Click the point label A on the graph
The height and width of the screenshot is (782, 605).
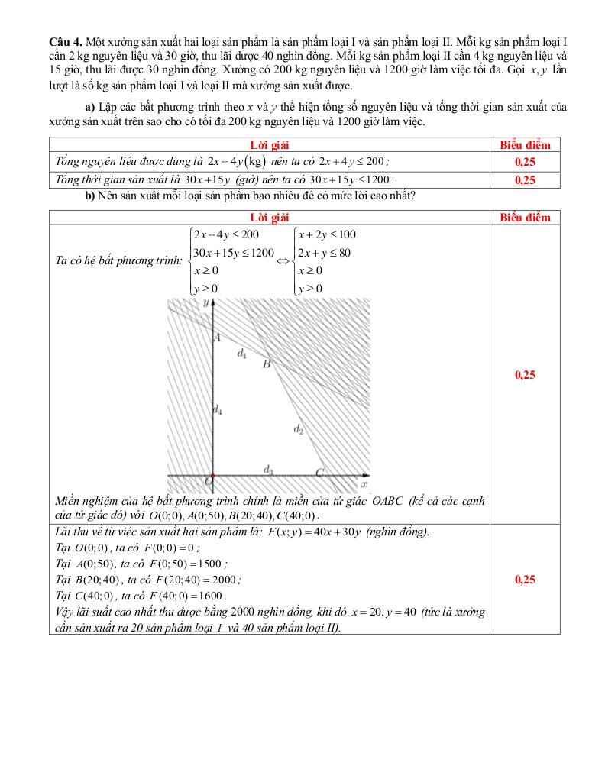pos(217,338)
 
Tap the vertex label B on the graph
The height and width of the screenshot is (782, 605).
pos(267,365)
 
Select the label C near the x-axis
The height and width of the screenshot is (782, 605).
pos(320,473)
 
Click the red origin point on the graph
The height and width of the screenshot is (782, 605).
pos(212,476)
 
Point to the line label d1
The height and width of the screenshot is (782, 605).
pos(242,354)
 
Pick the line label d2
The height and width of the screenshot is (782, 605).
pos(299,429)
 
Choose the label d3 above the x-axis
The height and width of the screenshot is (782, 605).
pos(268,470)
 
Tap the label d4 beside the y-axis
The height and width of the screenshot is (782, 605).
pos(218,410)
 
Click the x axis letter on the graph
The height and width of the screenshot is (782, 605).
pos(364,484)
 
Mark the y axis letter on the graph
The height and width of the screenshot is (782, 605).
pos(205,303)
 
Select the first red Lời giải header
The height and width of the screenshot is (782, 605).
pos(269,144)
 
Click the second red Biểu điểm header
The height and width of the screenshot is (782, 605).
pos(525,218)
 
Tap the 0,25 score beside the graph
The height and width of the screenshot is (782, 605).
pos(525,374)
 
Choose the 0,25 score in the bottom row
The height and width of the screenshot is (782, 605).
pos(525,579)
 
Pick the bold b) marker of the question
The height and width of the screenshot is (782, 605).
pos(89,196)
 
